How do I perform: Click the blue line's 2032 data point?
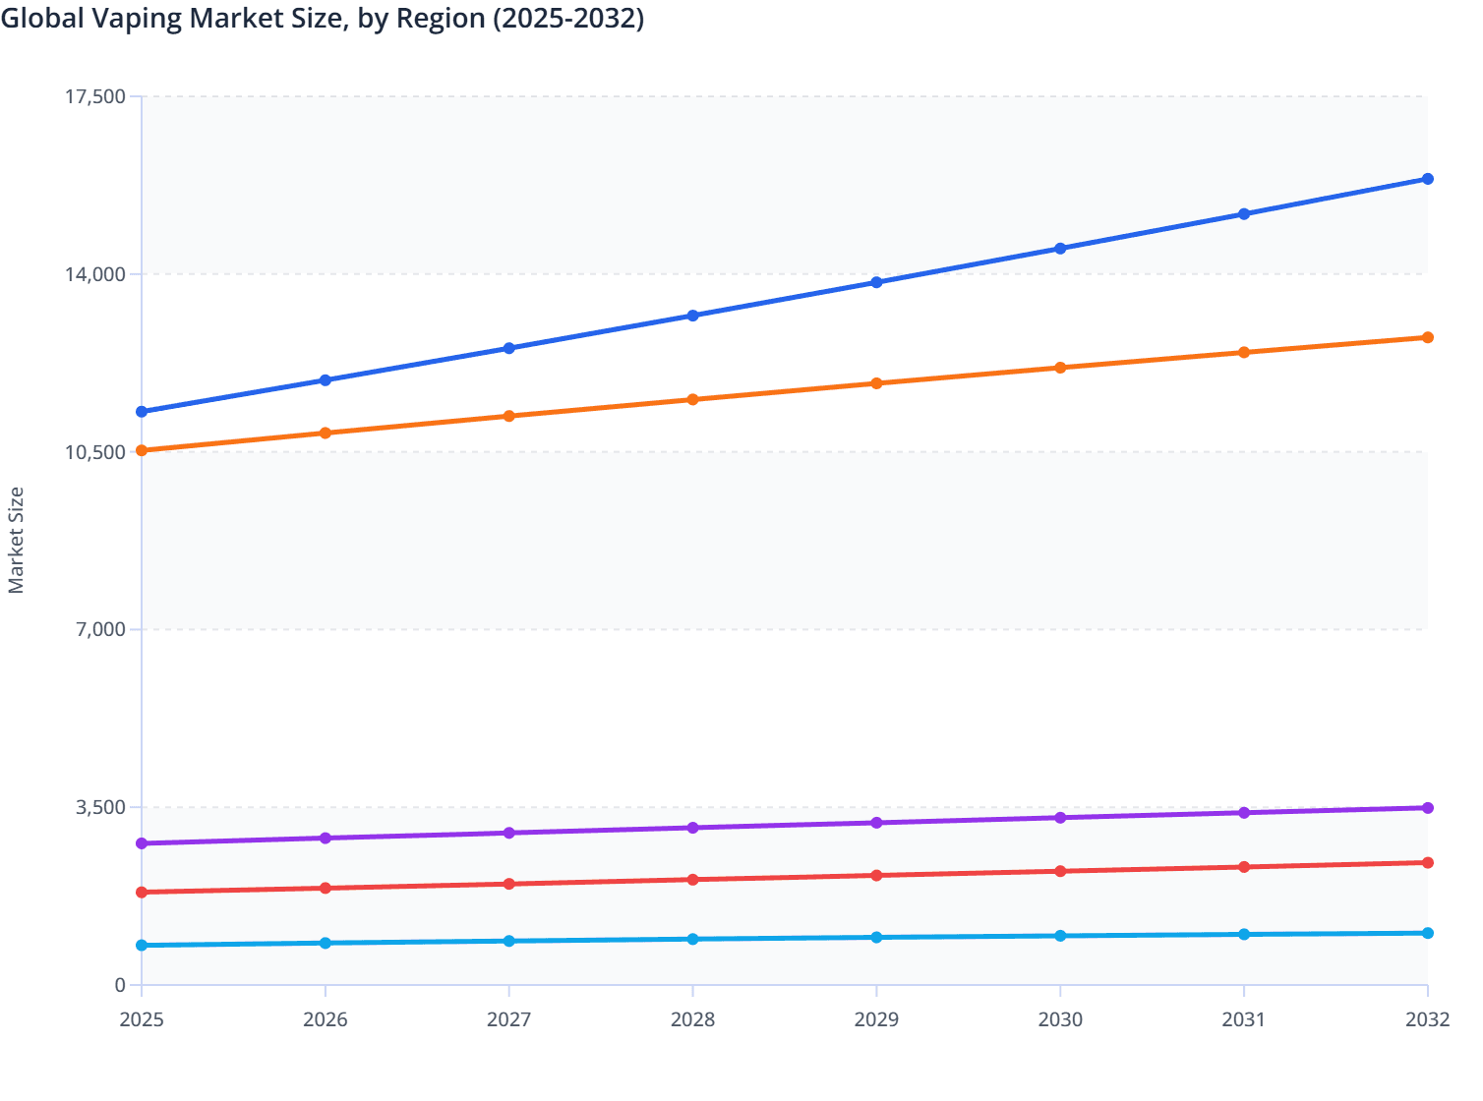1427,179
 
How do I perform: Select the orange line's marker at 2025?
142,450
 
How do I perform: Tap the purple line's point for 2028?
692,828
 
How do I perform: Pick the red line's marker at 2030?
1060,871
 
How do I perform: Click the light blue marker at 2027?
509,941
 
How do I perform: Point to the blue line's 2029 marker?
876,282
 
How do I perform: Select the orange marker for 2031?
1244,352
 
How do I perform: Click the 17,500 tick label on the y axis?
94,96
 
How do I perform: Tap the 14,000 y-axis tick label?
94,274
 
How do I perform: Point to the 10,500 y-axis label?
94,452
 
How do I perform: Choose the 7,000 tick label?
100,629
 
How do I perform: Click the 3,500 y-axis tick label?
100,807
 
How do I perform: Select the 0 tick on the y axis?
120,985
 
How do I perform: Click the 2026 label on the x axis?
326,1019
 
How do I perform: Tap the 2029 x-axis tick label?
876,1019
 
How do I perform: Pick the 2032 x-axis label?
1427,1019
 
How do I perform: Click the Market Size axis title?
16,540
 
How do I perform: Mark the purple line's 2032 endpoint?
1427,808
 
